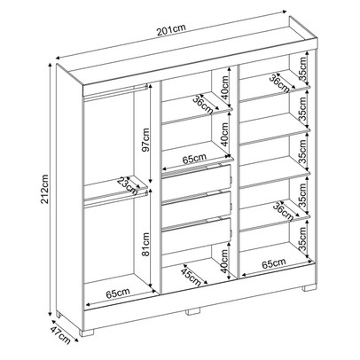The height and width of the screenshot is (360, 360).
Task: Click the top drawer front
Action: pyautogui.click(x=196, y=179)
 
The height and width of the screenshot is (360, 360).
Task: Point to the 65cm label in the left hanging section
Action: pyautogui.click(x=107, y=292)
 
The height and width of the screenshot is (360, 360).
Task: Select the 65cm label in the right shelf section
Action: pyautogui.click(x=273, y=264)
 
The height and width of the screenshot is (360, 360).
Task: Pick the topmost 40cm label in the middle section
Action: pyautogui.click(x=225, y=89)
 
